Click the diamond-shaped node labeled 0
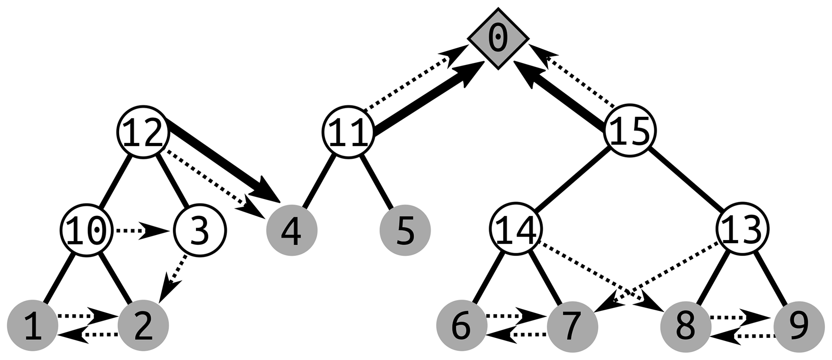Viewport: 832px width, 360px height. point(498,38)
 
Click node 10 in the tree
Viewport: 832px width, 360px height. point(87,230)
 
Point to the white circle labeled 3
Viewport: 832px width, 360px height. point(200,230)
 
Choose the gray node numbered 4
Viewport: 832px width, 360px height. point(292,231)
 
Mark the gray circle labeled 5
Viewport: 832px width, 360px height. point(405,231)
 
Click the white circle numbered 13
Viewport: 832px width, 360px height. point(743,229)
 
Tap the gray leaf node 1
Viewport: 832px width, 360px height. point(33,326)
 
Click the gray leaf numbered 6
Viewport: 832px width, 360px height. point(462,326)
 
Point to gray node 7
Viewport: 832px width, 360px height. point(573,326)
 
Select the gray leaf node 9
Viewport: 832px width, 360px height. point(798,326)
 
